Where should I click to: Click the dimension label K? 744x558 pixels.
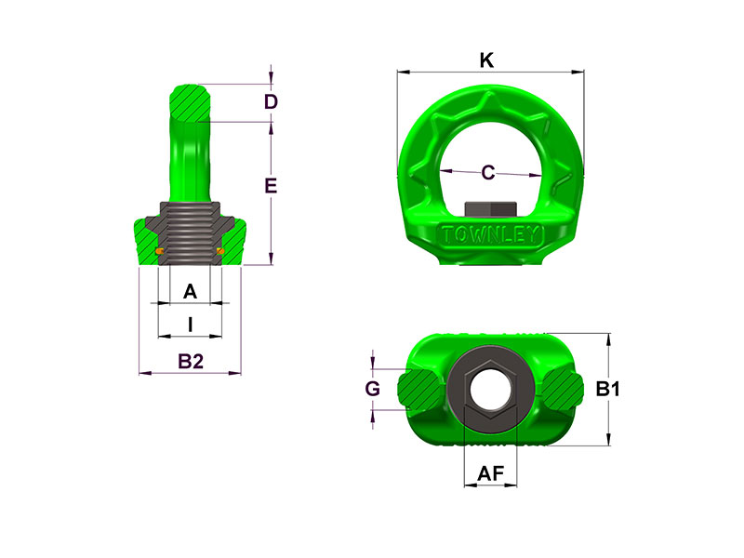click(485, 60)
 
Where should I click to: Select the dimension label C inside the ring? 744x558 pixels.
click(488, 172)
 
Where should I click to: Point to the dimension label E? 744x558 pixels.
click(271, 186)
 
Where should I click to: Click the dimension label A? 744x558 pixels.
click(190, 292)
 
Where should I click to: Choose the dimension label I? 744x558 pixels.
click(190, 325)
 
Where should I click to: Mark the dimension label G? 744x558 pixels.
click(372, 390)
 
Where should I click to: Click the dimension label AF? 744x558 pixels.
click(490, 474)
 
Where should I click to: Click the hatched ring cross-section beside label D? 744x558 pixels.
click(193, 101)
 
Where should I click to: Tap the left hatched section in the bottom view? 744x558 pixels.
click(419, 390)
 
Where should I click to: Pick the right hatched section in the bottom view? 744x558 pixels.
click(561, 390)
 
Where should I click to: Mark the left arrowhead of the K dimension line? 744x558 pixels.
click(401, 71)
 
